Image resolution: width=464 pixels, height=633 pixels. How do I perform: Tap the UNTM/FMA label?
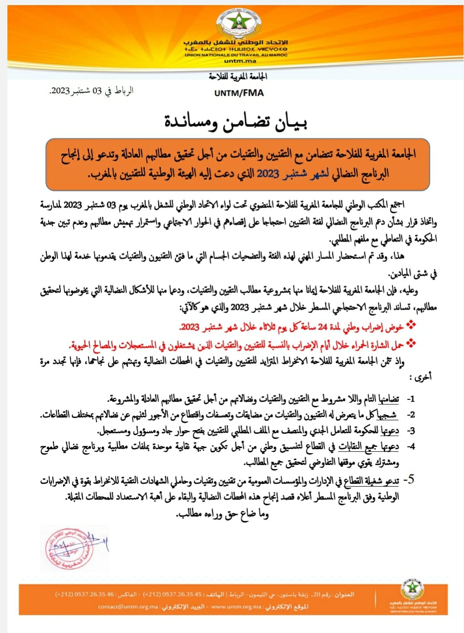pos(239,93)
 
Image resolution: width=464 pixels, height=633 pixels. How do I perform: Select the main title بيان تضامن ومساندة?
pos(236,121)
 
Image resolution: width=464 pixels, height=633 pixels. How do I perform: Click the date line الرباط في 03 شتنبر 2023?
pos(91,91)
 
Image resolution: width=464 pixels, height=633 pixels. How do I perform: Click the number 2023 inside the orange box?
pos(267,174)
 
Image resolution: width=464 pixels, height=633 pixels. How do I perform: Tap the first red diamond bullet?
pos(411,326)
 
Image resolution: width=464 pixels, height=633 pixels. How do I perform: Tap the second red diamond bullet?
pos(411,343)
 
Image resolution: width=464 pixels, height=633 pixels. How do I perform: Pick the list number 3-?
pos(410,431)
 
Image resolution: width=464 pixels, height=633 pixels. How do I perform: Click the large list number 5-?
pos(408,480)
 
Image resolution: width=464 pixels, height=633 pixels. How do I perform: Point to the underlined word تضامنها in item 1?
pos(389,399)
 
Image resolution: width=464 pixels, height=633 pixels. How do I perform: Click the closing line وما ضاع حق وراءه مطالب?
pos(223,513)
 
